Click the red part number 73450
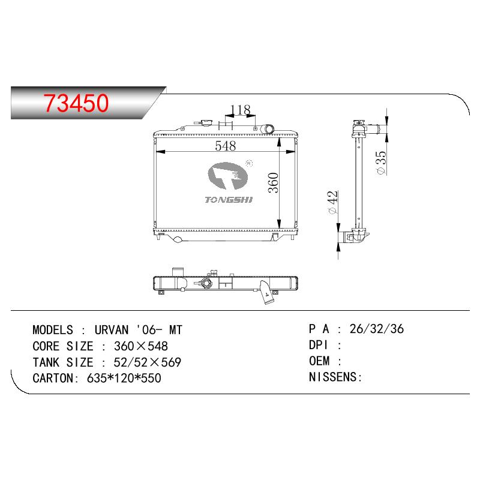76,103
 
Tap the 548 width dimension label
226,146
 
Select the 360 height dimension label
274,183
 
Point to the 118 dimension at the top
241,110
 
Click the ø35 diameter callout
382,163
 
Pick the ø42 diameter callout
332,202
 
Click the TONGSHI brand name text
229,200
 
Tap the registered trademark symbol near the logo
250,163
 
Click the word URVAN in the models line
112,330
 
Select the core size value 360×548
141,346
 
